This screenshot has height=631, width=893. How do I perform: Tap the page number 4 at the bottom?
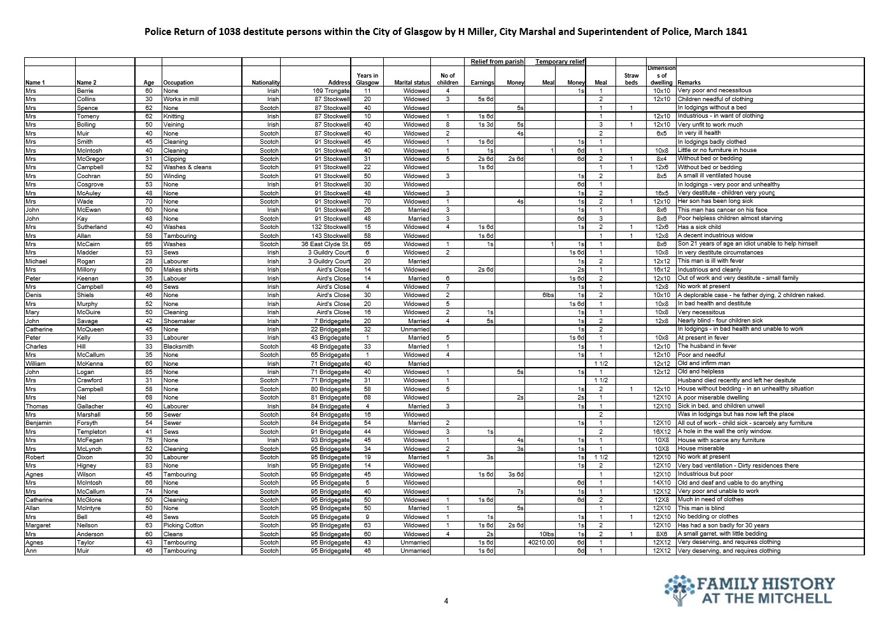coord(446,601)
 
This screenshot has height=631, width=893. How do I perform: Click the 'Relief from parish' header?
coord(497,62)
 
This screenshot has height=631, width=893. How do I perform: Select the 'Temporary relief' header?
coord(559,62)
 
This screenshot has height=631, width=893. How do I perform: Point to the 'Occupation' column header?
coord(178,83)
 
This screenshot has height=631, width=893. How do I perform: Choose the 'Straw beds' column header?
coord(631,79)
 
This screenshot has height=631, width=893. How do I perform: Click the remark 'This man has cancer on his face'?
coord(722,210)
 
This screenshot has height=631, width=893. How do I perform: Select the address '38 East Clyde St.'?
coord(325,244)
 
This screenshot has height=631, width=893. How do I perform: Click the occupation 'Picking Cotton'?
coord(183,525)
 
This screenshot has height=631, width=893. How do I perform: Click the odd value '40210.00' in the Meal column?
coord(541,543)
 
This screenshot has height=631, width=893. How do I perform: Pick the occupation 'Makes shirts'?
coord(181,270)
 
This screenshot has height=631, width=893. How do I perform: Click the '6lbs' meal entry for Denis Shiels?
coord(548,295)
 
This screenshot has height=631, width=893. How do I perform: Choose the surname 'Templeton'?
coord(92,432)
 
